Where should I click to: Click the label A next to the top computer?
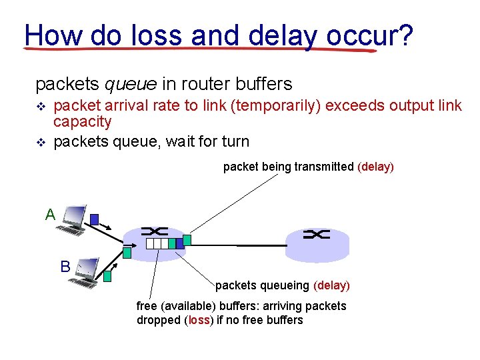(50, 215)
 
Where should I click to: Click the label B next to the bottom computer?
(65, 267)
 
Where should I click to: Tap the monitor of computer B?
(88, 267)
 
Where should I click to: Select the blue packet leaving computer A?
(95, 219)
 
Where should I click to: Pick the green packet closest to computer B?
(107, 274)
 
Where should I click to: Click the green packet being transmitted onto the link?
(187, 239)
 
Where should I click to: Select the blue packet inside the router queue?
(179, 244)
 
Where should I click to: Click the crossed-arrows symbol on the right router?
(316, 234)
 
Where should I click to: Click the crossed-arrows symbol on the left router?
(155, 231)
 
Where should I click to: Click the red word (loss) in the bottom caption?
(199, 320)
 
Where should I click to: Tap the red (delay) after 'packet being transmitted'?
(376, 167)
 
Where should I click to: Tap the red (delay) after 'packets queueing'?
(331, 285)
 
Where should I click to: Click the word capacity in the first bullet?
(82, 121)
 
